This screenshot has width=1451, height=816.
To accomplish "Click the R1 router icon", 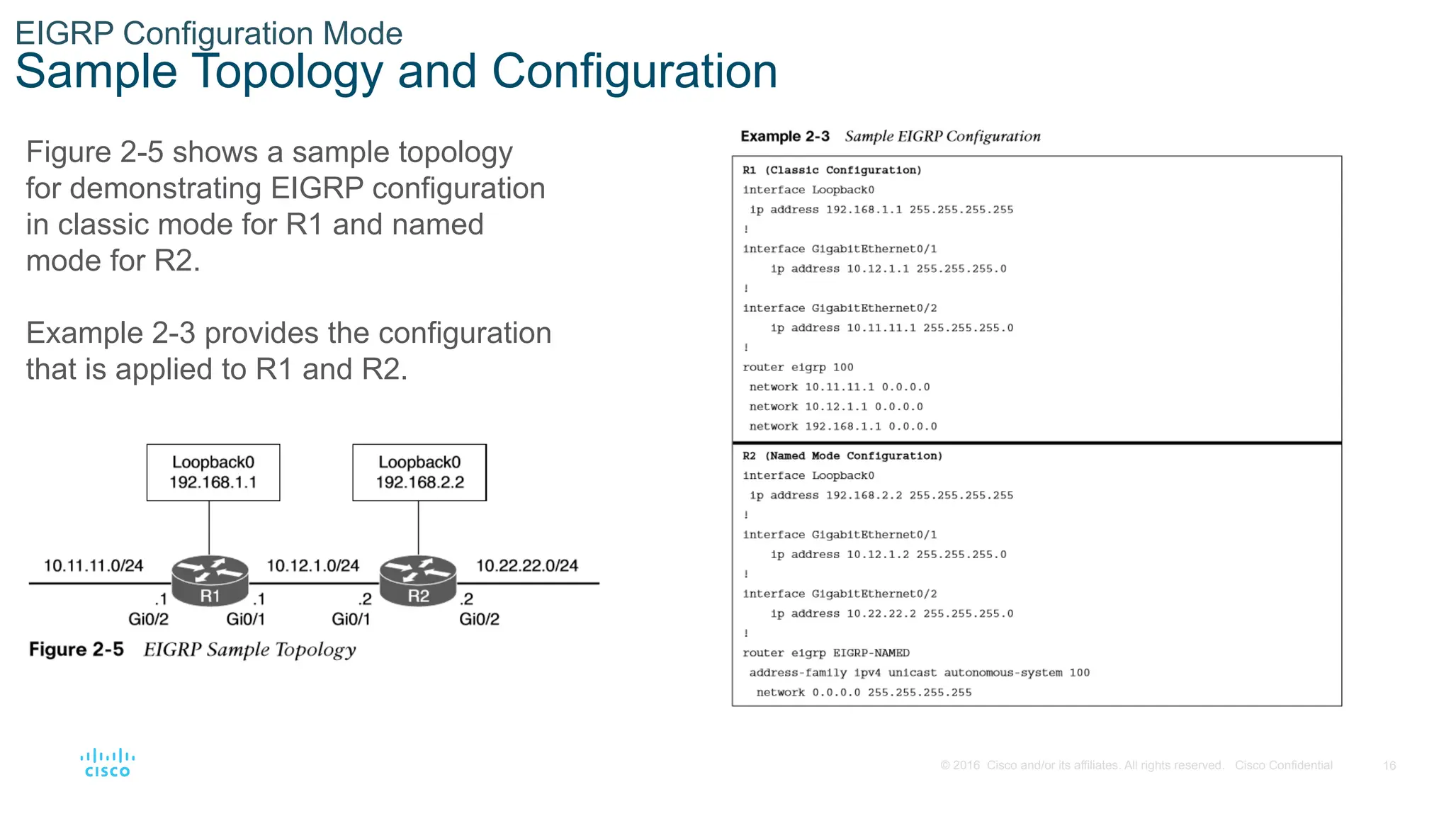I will click(210, 581).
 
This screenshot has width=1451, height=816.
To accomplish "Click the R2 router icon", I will click(418, 581).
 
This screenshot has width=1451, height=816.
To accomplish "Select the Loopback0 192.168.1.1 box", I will click(213, 472).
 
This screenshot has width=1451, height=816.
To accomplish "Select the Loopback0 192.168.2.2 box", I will click(419, 472).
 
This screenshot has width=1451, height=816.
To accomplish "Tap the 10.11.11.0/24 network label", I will click(94, 565).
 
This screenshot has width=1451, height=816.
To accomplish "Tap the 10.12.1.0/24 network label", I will click(312, 565).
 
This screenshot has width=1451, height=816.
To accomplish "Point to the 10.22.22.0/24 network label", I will click(526, 565).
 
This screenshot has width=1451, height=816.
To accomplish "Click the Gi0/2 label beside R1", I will click(148, 619).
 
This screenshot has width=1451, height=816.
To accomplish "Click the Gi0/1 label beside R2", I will click(351, 619).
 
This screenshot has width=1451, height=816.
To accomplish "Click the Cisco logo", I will click(107, 763).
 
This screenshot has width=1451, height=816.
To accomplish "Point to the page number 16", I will click(1389, 766).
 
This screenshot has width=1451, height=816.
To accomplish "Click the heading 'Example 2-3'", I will click(785, 136).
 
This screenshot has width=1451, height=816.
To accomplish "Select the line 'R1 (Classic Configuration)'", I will click(832, 170).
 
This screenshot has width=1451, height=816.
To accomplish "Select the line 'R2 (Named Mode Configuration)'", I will click(842, 456).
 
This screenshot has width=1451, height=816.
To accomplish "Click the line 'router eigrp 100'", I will click(798, 367).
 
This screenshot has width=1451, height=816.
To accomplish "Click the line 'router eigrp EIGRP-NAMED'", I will click(826, 653).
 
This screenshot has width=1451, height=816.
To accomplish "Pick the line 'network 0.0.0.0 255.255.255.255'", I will click(864, 693).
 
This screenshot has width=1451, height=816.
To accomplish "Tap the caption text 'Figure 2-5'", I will click(77, 650).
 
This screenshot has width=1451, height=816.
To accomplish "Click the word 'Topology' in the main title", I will click(287, 72).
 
